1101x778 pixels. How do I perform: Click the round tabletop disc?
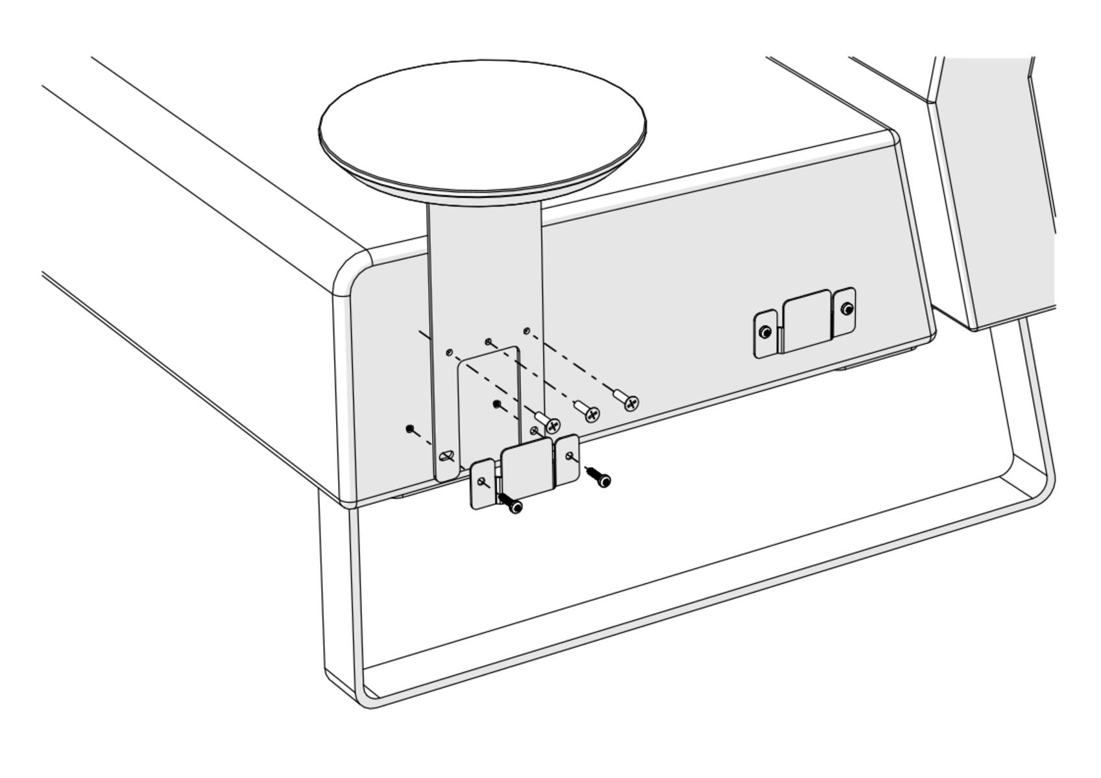[482, 126]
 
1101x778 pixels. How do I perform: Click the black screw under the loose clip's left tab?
[514, 506]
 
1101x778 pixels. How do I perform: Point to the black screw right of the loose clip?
[603, 480]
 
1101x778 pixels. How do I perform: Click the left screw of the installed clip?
[766, 333]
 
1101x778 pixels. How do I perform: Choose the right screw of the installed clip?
[847, 309]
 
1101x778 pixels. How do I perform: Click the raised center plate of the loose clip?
[527, 468]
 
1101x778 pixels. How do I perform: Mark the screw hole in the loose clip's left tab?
[481, 482]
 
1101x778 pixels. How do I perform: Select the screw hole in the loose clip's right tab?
[570, 456]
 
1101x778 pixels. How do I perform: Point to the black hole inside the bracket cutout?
[498, 405]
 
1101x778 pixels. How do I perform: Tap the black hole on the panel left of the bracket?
[409, 429]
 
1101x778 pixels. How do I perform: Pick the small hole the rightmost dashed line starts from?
[527, 331]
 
